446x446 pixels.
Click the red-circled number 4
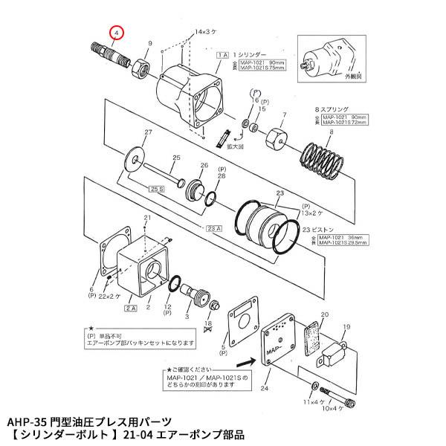tap(117, 33)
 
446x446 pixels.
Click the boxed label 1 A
tap(222, 56)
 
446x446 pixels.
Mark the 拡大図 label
tap(242, 148)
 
